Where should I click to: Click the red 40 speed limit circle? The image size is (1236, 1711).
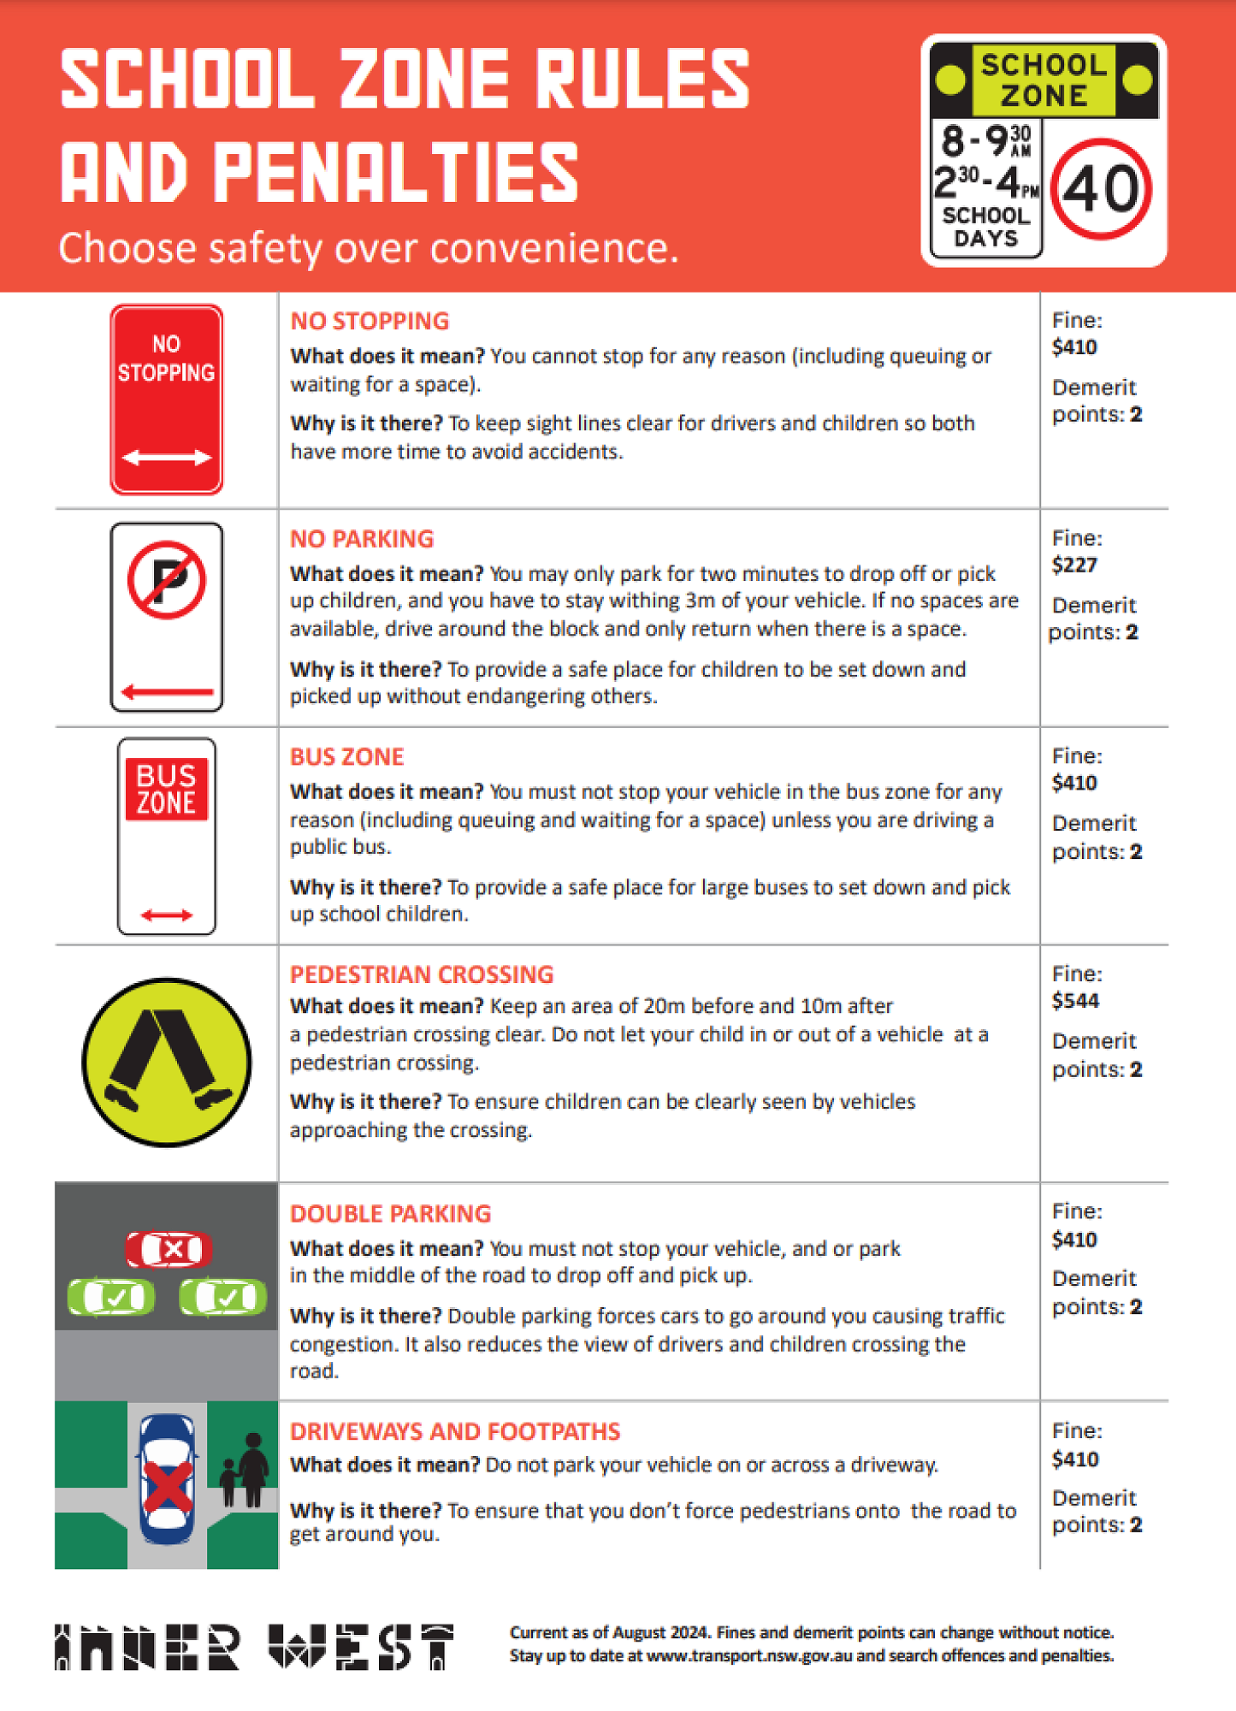pos(1101,189)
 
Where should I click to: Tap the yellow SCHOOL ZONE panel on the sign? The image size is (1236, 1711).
pos(1044,80)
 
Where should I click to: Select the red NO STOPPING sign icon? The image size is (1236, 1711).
pos(167,400)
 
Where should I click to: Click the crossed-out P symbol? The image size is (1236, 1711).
pos(167,580)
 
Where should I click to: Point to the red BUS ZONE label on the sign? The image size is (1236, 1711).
pos(167,789)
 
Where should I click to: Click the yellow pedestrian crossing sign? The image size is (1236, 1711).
pos(167,1062)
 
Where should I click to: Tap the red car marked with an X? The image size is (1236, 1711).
pos(169,1250)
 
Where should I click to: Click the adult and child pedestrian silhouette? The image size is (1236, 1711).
pos(245,1471)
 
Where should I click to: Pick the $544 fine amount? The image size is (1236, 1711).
pos(1075,1000)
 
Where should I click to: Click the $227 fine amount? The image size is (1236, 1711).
pos(1074,565)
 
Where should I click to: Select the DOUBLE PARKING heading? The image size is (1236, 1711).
pos(390,1213)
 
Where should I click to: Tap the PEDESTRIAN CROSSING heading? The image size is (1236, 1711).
pos(422,974)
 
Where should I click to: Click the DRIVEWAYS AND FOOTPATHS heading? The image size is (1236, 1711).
pos(455,1431)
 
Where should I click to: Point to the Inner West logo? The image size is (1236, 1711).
pos(254,1646)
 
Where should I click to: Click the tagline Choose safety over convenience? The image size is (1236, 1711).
pos(368,248)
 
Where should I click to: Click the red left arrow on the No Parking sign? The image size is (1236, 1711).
pos(167,691)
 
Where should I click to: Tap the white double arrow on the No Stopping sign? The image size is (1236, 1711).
pos(167,458)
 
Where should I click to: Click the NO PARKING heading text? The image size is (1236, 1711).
pos(362,538)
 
